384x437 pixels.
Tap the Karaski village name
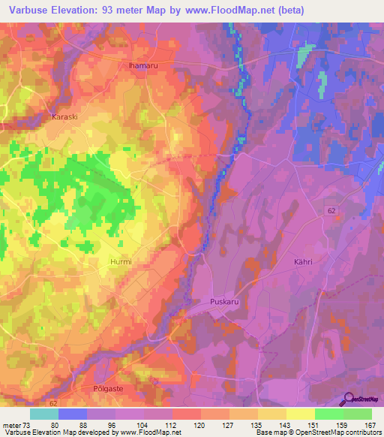point(64,117)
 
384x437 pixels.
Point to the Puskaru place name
point(223,303)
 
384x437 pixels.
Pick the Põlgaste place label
point(96,391)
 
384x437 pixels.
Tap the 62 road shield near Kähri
point(331,212)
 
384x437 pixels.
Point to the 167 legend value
point(369,426)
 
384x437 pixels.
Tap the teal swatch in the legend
point(44,414)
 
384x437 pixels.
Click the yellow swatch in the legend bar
point(301,414)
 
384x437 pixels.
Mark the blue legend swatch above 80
point(73,414)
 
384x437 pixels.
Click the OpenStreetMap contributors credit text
point(343,432)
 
